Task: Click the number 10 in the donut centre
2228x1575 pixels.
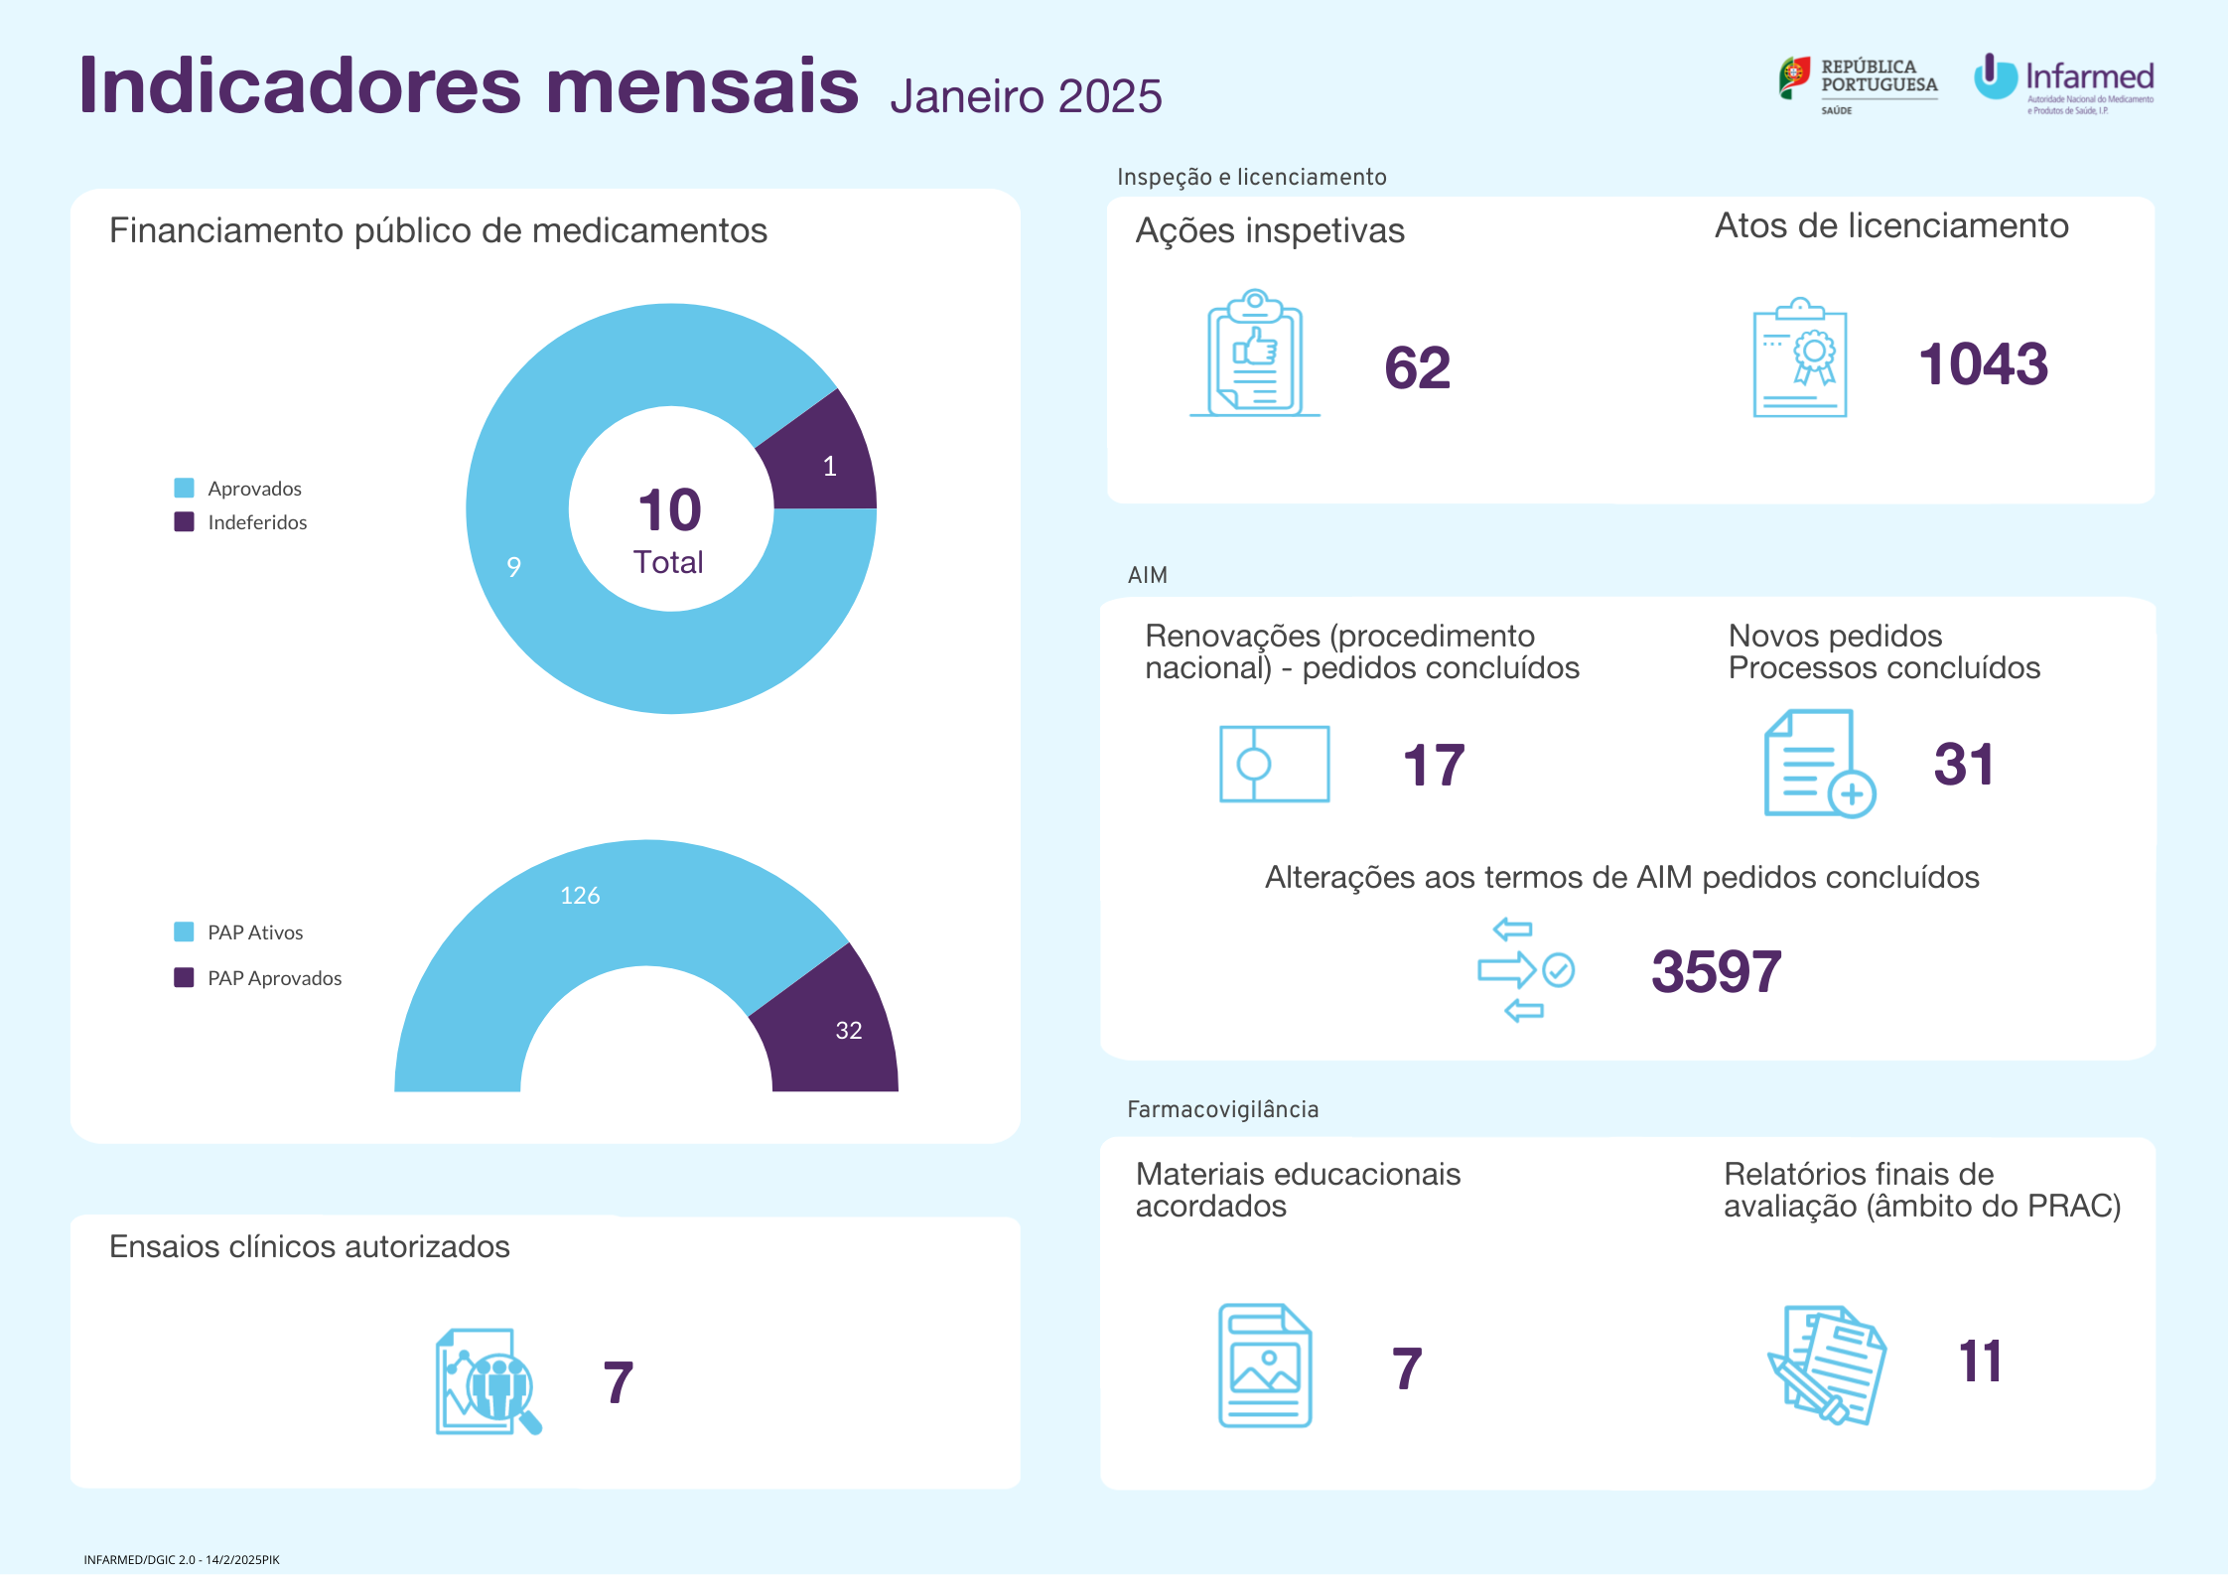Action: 670,510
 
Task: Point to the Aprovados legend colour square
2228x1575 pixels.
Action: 184,488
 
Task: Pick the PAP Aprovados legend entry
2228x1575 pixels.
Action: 258,978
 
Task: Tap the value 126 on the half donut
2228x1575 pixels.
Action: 580,896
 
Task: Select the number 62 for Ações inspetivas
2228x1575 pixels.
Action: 1417,367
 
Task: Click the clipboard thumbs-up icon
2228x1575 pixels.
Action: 1255,354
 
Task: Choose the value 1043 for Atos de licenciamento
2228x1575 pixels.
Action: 1983,363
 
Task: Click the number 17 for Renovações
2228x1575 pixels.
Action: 1434,766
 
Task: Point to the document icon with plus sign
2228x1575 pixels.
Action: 1818,764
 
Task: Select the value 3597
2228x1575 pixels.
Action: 1716,971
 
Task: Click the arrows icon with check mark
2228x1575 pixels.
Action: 1525,970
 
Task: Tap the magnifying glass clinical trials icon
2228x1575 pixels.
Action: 487,1381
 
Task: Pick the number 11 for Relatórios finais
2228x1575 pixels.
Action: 1980,1361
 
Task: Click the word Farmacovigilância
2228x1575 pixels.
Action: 1222,1109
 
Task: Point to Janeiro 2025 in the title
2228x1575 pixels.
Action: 1026,96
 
